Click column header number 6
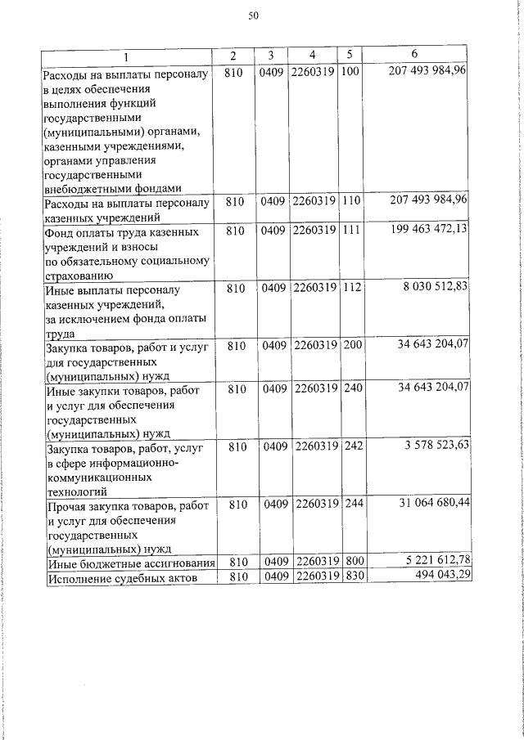(x=415, y=55)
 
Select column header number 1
(x=126, y=56)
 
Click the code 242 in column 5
(x=352, y=446)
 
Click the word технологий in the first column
(x=78, y=491)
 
